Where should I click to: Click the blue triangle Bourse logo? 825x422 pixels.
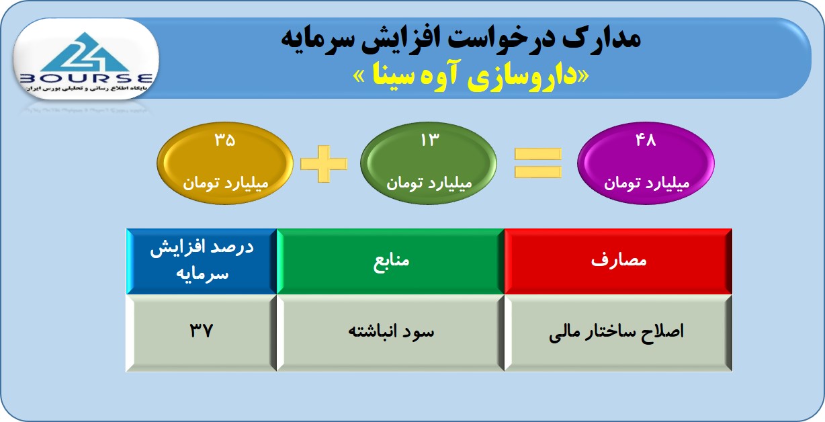click(85, 52)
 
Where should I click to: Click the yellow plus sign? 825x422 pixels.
click(324, 163)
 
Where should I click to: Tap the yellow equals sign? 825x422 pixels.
click(538, 163)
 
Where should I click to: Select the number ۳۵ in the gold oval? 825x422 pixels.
click(225, 140)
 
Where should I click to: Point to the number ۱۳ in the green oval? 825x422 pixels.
click(430, 140)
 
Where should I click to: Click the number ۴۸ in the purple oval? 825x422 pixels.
click(646, 140)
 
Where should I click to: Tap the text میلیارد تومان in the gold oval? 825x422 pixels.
click(226, 183)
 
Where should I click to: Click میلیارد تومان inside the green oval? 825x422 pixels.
click(429, 183)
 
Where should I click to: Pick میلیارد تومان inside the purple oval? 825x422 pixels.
click(646, 183)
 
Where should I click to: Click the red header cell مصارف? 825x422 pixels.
click(618, 261)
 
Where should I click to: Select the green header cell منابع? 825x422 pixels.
click(390, 261)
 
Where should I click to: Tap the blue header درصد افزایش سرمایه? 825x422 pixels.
click(202, 261)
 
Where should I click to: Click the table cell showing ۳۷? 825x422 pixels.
click(202, 333)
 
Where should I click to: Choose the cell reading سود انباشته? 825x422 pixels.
click(390, 333)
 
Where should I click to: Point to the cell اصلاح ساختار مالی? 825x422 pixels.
click(618, 333)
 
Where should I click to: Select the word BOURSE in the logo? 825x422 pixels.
click(85, 79)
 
